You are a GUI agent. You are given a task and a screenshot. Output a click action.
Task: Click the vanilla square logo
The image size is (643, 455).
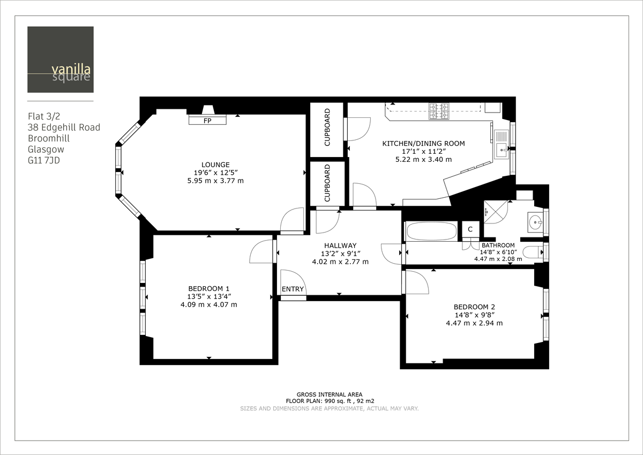61,59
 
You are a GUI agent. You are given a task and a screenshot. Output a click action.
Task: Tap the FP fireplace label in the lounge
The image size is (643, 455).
207,121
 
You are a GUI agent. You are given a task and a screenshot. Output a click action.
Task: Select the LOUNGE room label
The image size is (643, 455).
215,165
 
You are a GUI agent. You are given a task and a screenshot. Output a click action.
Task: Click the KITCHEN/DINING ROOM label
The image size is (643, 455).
423,144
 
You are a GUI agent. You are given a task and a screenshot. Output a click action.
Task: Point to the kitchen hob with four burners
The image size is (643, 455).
438,110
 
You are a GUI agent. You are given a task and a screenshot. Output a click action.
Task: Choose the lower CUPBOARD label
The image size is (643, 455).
327,183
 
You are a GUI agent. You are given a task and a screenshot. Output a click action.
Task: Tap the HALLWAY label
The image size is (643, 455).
340,245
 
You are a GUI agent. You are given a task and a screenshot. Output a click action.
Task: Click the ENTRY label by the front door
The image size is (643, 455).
293,289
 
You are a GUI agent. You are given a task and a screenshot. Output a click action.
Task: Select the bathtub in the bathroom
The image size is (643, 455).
431,232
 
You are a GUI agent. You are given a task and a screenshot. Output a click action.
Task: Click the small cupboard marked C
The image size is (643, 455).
470,229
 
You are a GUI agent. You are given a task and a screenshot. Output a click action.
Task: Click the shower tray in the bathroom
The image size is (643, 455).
496,211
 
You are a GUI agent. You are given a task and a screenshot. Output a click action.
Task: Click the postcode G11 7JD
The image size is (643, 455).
44,160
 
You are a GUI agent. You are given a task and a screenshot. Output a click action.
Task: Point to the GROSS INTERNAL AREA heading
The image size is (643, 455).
329,393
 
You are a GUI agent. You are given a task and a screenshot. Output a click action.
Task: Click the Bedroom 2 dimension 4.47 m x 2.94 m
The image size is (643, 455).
474,323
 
